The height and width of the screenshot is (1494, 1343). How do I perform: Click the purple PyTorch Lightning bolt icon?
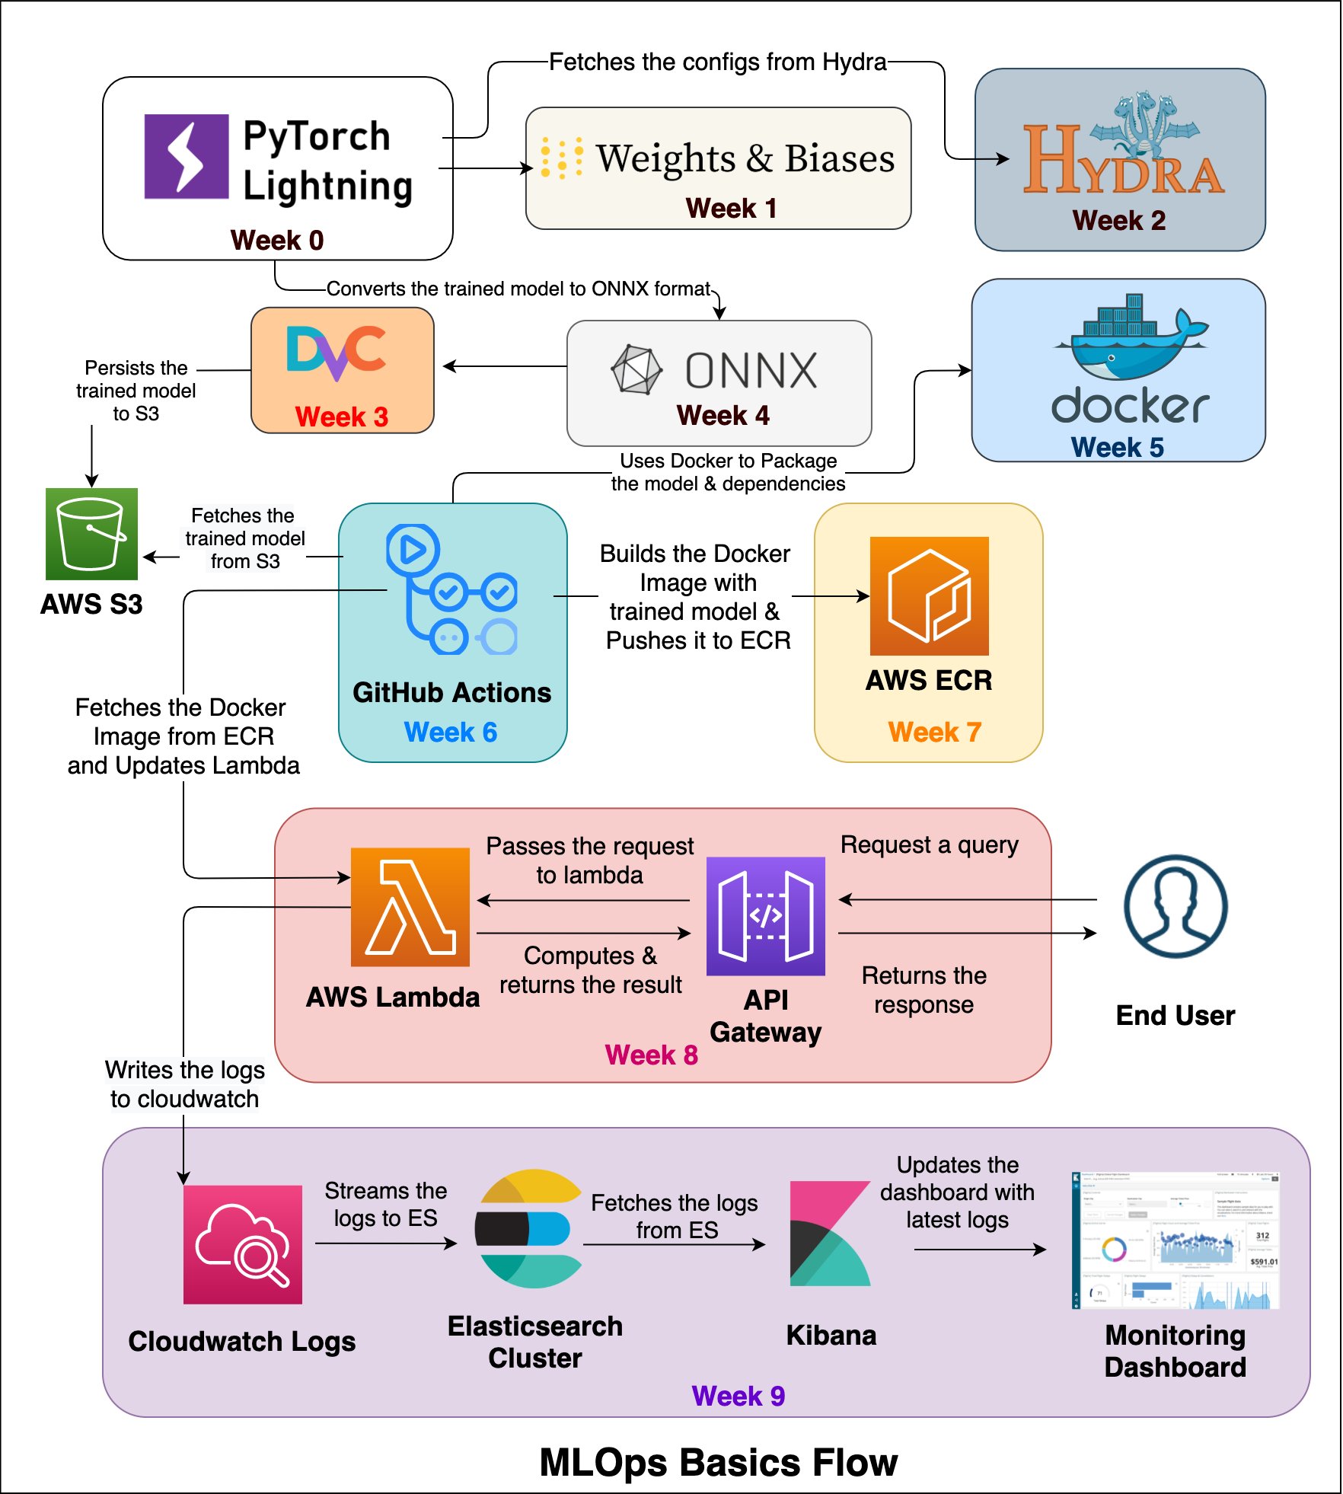pyautogui.click(x=187, y=156)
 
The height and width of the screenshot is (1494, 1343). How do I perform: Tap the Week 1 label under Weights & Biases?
pyautogui.click(x=731, y=208)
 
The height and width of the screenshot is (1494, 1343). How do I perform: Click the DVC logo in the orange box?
pyautogui.click(x=337, y=352)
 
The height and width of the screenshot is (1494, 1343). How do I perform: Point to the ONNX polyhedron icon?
pyautogui.click(x=636, y=370)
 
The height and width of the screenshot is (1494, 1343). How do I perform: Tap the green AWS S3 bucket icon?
pyautogui.click(x=91, y=534)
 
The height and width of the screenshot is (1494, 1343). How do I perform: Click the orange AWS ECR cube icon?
pyautogui.click(x=929, y=595)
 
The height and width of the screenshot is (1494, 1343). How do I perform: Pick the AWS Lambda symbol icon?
pyautogui.click(x=410, y=907)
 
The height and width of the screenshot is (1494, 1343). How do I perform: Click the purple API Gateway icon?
pyautogui.click(x=765, y=916)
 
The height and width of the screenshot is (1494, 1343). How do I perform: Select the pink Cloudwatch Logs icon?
pyautogui.click(x=243, y=1244)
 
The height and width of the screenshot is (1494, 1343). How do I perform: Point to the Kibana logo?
pyautogui.click(x=830, y=1234)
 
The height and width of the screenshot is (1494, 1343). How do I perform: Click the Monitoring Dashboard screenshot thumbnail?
pyautogui.click(x=1175, y=1240)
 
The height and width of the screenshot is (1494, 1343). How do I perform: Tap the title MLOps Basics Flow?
pyautogui.click(x=718, y=1462)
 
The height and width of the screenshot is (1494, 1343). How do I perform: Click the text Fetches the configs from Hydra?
pyautogui.click(x=717, y=62)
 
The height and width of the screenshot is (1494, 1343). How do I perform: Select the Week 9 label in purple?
pyautogui.click(x=738, y=1396)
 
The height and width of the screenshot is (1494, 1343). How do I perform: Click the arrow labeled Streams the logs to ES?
pyautogui.click(x=385, y=1243)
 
